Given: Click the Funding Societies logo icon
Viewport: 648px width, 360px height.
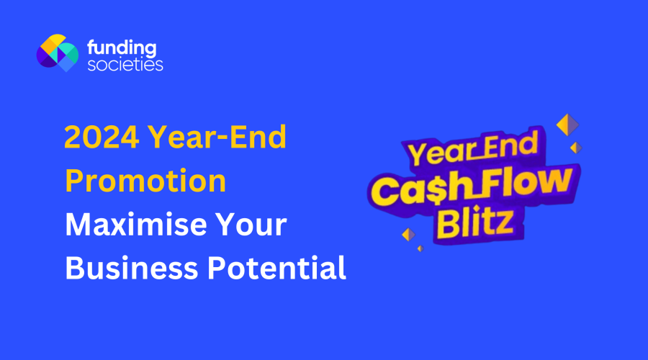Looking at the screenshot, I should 57,53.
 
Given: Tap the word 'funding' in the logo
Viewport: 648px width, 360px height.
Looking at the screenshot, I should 120,48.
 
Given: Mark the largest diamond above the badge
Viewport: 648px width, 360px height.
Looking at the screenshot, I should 567,125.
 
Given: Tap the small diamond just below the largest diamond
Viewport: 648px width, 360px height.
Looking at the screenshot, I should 575,148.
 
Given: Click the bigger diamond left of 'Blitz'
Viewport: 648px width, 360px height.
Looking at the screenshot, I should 409,235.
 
